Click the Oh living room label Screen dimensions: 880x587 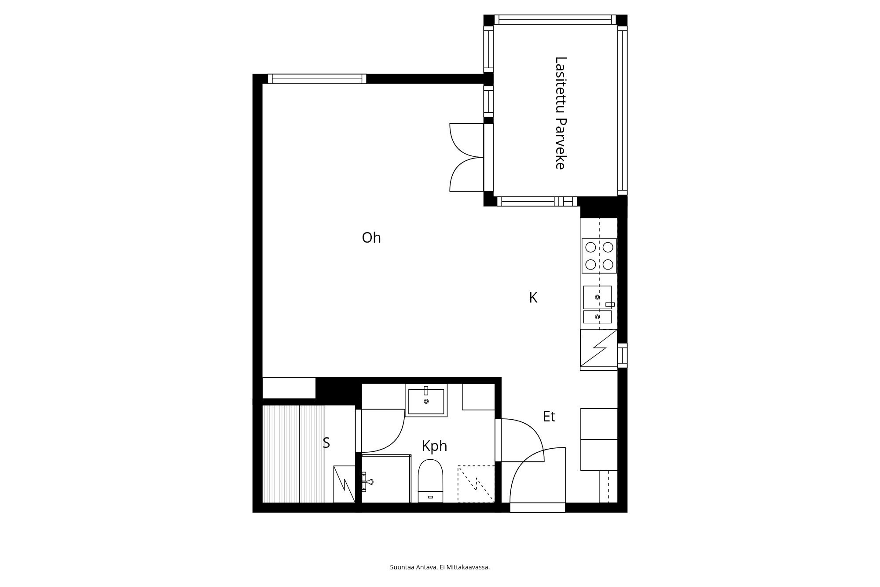click(x=371, y=238)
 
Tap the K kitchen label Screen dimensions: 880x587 click(x=533, y=298)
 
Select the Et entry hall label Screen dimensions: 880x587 click(x=549, y=417)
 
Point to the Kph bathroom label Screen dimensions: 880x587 click(x=434, y=446)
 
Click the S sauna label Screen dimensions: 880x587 click(x=326, y=443)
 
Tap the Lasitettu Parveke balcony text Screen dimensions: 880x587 click(x=560, y=113)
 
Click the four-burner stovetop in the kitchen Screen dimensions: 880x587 click(x=599, y=256)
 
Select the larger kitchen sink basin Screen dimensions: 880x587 click(x=597, y=297)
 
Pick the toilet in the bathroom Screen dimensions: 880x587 click(x=430, y=481)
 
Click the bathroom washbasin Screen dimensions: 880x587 click(x=426, y=401)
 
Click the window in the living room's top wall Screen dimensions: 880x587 click(x=317, y=79)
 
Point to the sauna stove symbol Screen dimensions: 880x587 click(x=344, y=484)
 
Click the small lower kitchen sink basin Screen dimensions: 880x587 click(x=597, y=317)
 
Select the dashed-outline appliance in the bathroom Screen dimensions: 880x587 click(x=476, y=484)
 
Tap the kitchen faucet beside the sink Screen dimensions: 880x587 click(x=610, y=304)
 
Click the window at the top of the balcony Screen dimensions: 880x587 click(x=555, y=20)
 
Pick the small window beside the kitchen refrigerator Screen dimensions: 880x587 click(x=622, y=355)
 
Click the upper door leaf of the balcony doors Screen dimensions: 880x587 click(x=467, y=140)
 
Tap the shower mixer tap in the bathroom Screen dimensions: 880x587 click(x=367, y=481)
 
